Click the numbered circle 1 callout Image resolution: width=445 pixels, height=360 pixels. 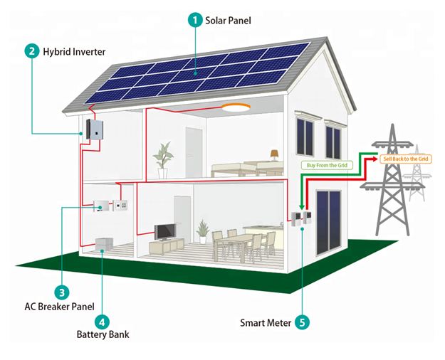tap(195, 20)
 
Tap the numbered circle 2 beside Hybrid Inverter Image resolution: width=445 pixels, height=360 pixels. tap(32, 51)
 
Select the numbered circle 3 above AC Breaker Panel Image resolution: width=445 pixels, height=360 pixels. tap(62, 292)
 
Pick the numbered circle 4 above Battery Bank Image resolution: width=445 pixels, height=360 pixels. tap(102, 322)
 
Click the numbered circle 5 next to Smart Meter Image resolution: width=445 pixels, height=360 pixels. tap(302, 322)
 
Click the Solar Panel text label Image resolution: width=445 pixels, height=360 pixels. tap(228, 21)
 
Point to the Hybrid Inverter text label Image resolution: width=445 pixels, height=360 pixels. tap(74, 52)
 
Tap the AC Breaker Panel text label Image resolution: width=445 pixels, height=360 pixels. tap(59, 307)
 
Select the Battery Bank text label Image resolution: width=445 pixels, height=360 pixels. tap(103, 334)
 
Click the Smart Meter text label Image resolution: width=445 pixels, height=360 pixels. tap(266, 323)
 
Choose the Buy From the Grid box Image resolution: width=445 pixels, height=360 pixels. tap(327, 165)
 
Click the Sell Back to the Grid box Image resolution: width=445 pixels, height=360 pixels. tap(406, 159)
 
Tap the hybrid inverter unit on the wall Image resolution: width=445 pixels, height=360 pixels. tap(95, 129)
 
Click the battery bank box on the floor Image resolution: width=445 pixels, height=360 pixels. tap(104, 244)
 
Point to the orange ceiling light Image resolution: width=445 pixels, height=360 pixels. tap(236, 107)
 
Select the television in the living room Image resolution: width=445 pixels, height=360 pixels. tap(165, 232)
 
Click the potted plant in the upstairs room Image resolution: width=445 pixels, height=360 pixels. tap(163, 161)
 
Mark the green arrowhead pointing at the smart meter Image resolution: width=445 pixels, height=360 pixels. tap(302, 207)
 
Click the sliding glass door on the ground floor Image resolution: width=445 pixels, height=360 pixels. tap(329, 223)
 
